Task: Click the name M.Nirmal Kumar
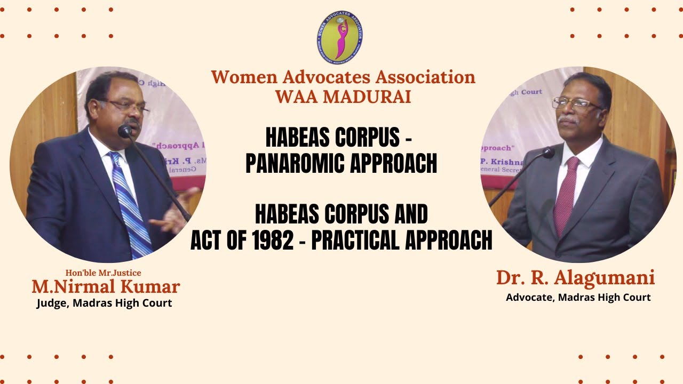pyautogui.click(x=106, y=287)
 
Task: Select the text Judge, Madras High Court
pyautogui.click(x=104, y=303)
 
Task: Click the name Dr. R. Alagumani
pyautogui.click(x=575, y=278)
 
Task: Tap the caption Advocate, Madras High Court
pyautogui.click(x=578, y=297)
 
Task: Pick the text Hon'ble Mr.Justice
pyautogui.click(x=103, y=273)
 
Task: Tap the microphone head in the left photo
pyautogui.click(x=125, y=131)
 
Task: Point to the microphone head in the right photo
pyautogui.click(x=548, y=153)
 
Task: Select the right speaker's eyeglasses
pyautogui.click(x=574, y=103)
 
